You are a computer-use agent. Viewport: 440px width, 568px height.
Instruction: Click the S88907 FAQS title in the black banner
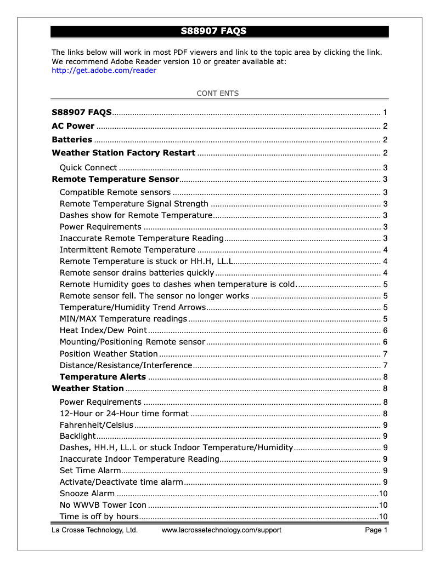tap(214, 31)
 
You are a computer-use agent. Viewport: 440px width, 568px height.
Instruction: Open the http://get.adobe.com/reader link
tap(104, 70)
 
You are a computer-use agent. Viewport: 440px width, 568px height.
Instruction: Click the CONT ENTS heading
tap(218, 93)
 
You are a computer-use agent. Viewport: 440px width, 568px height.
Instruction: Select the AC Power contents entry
tap(73, 126)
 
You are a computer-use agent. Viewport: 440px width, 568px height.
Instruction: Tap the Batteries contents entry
tap(72, 140)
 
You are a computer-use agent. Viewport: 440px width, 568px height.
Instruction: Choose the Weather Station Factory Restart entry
tap(123, 153)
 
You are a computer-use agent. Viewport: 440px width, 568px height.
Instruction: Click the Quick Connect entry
tap(88, 168)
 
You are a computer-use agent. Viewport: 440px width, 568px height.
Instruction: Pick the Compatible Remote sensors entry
tap(115, 192)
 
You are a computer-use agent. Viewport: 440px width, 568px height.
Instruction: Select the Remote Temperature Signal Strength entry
tap(134, 204)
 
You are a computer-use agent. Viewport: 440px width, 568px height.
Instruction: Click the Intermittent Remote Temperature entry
tap(127, 250)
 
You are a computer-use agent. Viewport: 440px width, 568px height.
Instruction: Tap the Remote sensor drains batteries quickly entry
tap(137, 273)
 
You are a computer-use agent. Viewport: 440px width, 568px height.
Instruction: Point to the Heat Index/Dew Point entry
tap(103, 330)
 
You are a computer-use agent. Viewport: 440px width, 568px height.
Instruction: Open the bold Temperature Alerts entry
tap(103, 377)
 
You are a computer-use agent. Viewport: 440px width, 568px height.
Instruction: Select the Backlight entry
tap(77, 436)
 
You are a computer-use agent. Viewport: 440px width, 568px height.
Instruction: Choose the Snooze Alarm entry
tap(87, 494)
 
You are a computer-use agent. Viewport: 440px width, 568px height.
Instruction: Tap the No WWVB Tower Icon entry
tap(103, 505)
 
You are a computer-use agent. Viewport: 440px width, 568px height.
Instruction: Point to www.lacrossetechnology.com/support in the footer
tap(222, 530)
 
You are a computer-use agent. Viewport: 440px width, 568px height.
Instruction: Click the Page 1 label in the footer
tap(376, 530)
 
